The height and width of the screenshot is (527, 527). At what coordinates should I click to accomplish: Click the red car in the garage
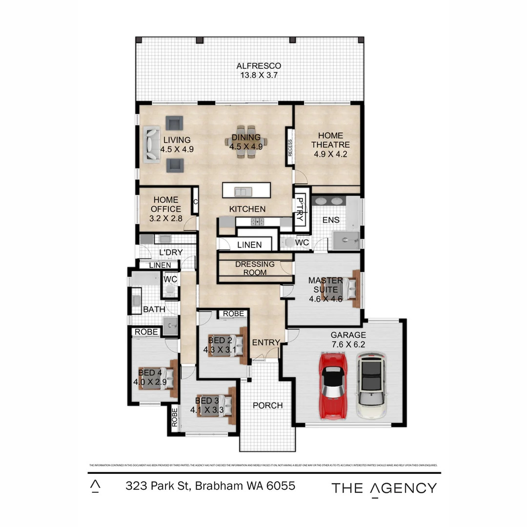point(333,385)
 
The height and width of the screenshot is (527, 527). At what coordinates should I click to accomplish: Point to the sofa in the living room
point(151,144)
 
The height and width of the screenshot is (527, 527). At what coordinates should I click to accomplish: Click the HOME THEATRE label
point(331,140)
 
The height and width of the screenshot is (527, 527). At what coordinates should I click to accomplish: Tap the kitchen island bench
point(246,190)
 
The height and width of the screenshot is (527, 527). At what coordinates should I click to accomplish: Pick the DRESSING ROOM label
point(255,268)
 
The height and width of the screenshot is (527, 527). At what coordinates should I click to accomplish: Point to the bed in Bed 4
point(157,377)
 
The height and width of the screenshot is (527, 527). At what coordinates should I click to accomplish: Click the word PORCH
point(267,405)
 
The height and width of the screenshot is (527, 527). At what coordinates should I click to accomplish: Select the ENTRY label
point(266,343)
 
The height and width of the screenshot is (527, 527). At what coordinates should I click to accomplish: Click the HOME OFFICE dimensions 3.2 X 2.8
point(166,219)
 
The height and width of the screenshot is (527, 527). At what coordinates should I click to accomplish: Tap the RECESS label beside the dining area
point(290,148)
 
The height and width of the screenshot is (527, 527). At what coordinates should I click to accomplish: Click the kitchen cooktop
point(257,222)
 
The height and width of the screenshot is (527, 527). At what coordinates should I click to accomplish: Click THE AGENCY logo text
point(384,488)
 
